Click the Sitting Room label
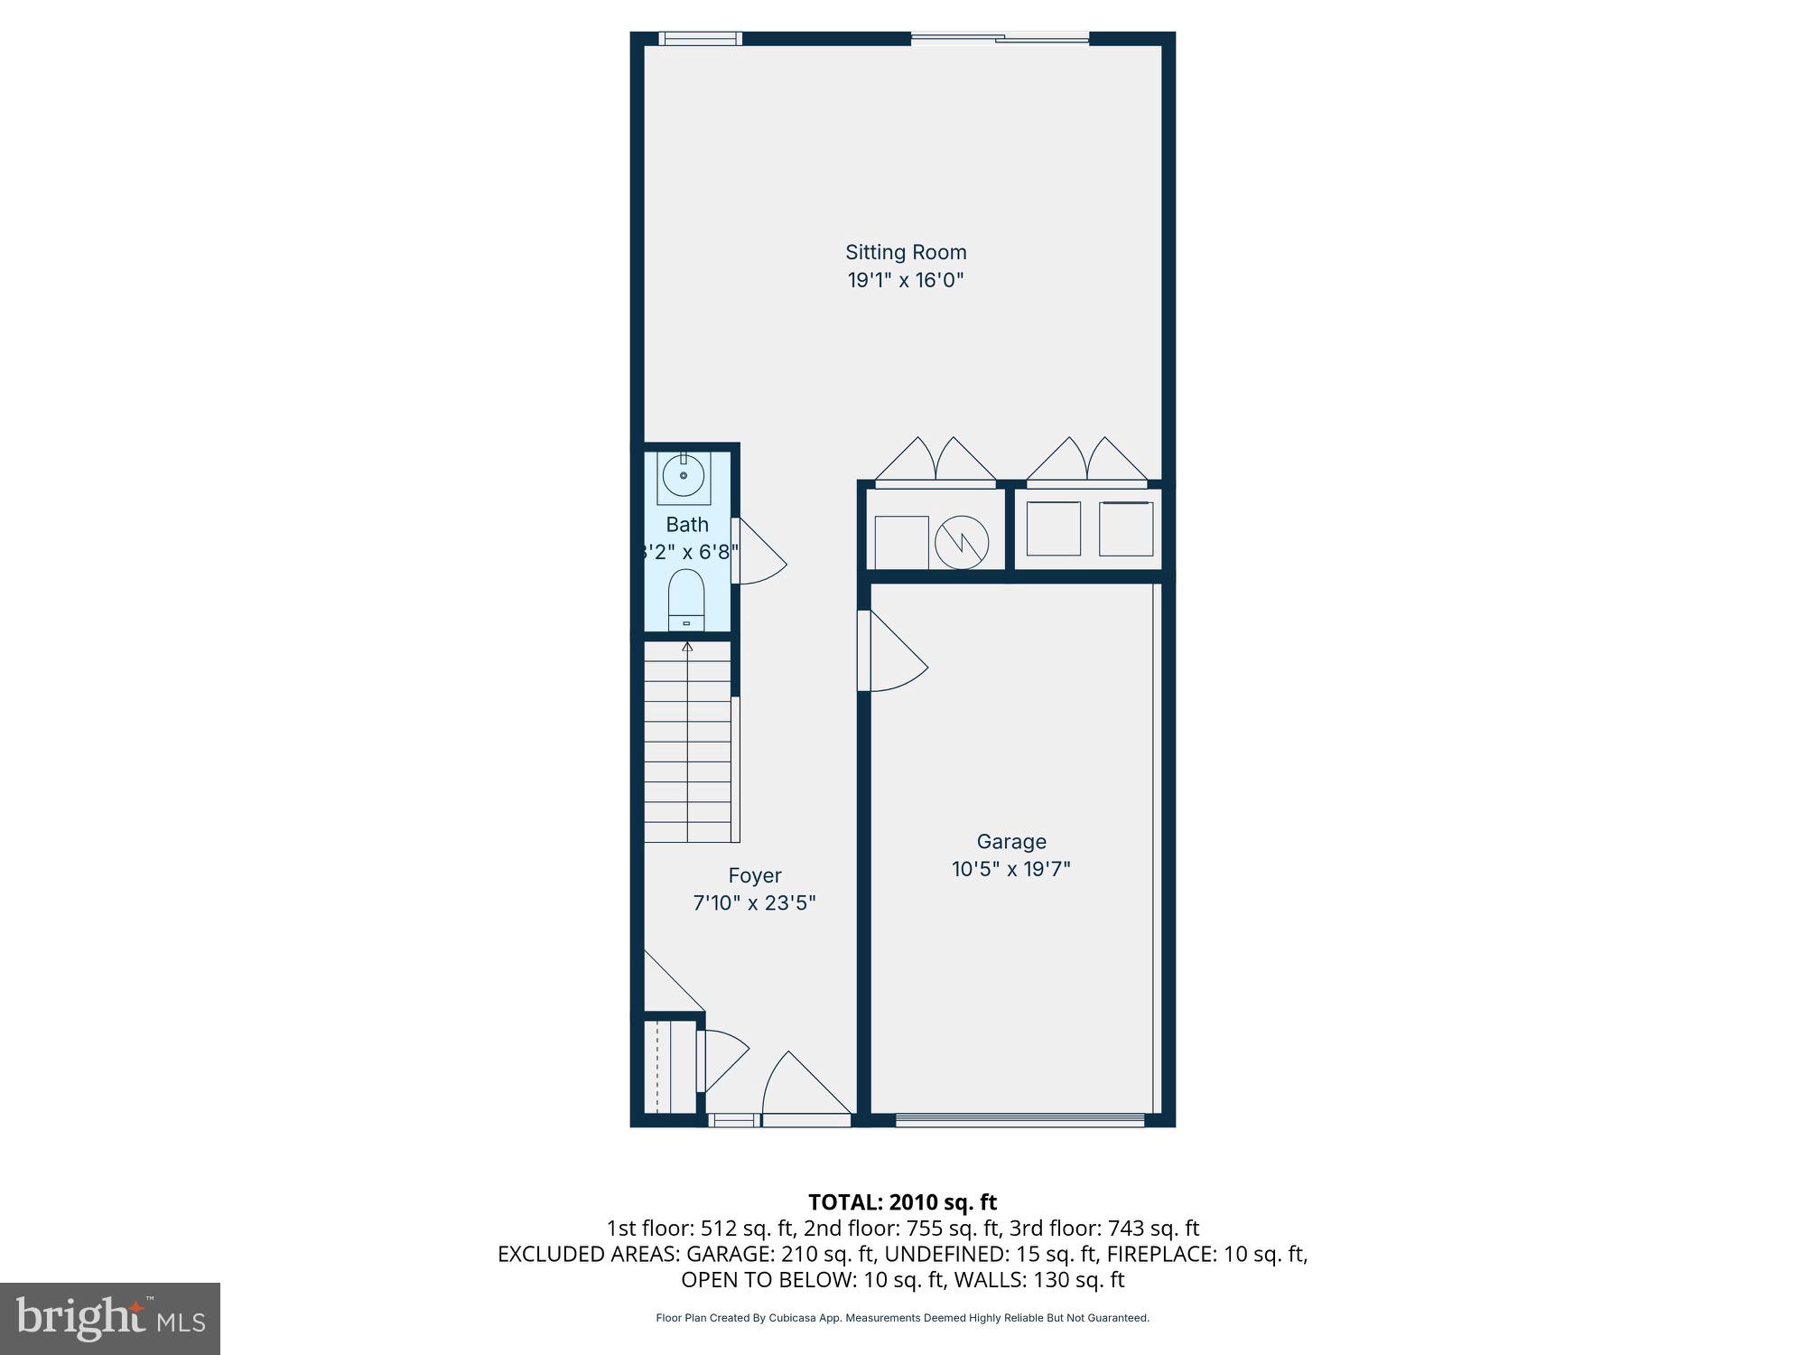[x=906, y=252]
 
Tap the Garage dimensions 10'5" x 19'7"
[x=1010, y=869]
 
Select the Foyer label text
[x=755, y=875]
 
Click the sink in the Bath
[x=684, y=476]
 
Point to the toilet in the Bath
[x=686, y=598]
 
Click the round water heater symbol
[x=961, y=543]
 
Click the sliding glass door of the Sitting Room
[x=1000, y=38]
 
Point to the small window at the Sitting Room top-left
[x=701, y=38]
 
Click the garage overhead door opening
[x=1020, y=1120]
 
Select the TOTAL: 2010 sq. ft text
[x=902, y=1202]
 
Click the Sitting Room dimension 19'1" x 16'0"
[x=906, y=280]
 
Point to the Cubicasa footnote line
[x=902, y=1318]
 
